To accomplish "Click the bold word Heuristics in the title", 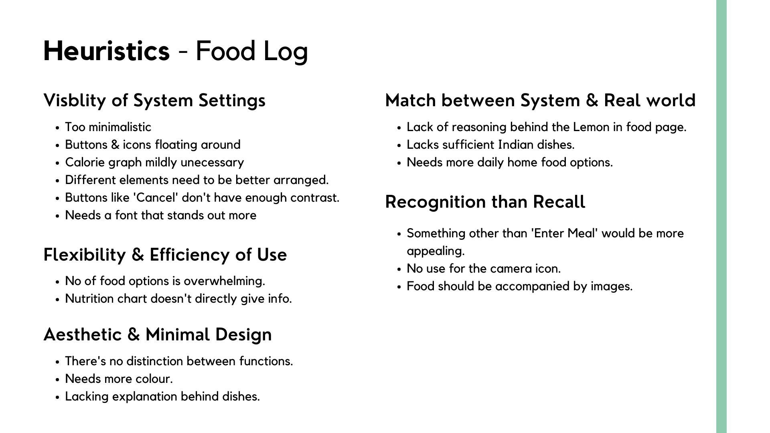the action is pos(107,51).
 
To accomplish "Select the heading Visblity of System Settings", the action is pos(154,100).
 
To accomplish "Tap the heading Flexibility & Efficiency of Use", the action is pos(165,255).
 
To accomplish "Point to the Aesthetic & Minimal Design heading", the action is pos(158,334).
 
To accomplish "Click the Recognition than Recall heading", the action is pos(485,202).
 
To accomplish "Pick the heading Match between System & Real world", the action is pos(541,100).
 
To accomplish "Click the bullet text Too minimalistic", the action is pos(108,127).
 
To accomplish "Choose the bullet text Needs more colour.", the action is pos(119,379).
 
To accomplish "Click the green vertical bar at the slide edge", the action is pos(721,216).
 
